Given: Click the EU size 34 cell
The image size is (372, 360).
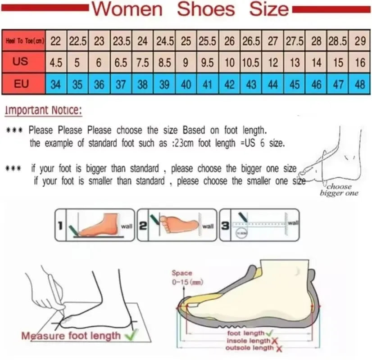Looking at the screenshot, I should click(x=56, y=84).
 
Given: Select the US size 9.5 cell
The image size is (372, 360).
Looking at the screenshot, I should click(x=207, y=63).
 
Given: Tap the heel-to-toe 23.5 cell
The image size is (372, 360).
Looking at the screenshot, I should click(x=121, y=41).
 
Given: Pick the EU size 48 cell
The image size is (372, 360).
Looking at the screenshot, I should click(x=359, y=84).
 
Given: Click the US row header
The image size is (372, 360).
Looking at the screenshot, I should click(x=20, y=62).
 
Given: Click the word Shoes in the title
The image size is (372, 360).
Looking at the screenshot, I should click(x=206, y=9).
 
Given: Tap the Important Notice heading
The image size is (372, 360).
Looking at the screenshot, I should click(x=44, y=110).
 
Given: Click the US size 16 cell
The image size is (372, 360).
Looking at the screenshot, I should click(x=359, y=63).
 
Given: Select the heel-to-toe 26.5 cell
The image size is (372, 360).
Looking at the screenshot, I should click(x=251, y=41).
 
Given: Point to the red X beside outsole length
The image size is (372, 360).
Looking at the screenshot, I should click(x=279, y=348).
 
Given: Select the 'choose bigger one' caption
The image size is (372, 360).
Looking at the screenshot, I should click(x=339, y=190).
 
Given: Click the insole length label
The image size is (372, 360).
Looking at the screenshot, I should click(x=248, y=341).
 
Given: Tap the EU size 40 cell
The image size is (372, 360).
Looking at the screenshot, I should click(x=186, y=84).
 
